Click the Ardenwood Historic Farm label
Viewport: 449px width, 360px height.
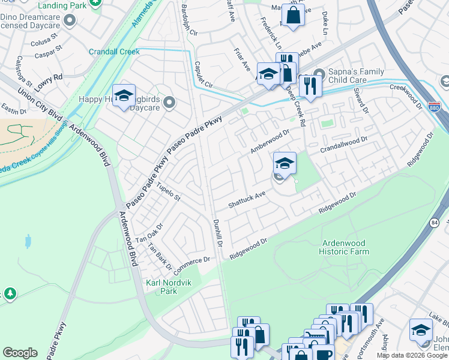(345, 247)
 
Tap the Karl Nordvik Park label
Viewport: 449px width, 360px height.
(161, 286)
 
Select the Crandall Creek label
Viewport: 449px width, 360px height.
(114, 52)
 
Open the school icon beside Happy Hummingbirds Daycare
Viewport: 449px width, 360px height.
(124, 96)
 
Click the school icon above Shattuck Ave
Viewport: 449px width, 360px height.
(285, 162)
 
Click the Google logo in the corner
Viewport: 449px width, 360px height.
(20, 353)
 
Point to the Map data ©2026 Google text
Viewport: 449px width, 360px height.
(412, 355)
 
